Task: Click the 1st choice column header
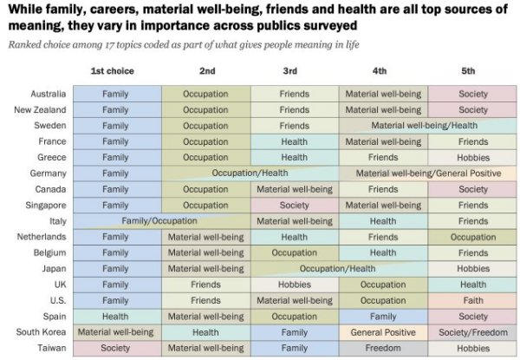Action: click(115, 70)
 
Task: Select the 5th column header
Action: click(473, 70)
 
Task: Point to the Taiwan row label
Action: click(50, 348)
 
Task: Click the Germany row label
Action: click(48, 173)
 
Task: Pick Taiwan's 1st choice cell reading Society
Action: click(115, 348)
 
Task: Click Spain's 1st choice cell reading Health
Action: click(115, 317)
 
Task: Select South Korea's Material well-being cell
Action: click(115, 332)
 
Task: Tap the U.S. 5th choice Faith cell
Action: click(473, 300)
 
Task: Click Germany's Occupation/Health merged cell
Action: click(250, 173)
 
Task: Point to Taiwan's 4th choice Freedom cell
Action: click(383, 348)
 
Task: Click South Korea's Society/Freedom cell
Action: click(473, 332)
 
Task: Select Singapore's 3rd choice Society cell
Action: click(295, 206)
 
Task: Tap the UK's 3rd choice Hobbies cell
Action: click(295, 285)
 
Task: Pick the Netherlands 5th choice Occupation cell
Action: click(473, 237)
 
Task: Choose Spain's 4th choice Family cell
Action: click(383, 317)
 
